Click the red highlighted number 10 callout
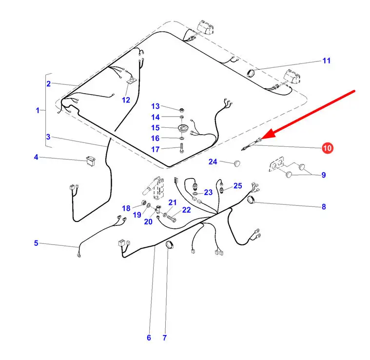coord(327,148)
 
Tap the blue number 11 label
coord(326,60)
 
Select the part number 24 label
coord(213,161)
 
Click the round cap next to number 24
coord(237,163)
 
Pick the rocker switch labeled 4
coord(91,161)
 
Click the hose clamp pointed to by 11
coord(252,73)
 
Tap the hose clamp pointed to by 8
coord(252,200)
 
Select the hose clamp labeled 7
coord(170,244)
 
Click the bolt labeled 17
coord(182,148)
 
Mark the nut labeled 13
coord(181,110)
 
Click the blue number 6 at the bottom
coord(149,338)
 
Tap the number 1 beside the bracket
coord(38,110)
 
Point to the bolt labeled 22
coord(172,219)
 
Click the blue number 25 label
coord(237,186)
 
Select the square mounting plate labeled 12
coord(131,81)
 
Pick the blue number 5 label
coord(36,243)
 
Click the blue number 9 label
coord(324,175)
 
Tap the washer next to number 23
coord(195,194)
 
